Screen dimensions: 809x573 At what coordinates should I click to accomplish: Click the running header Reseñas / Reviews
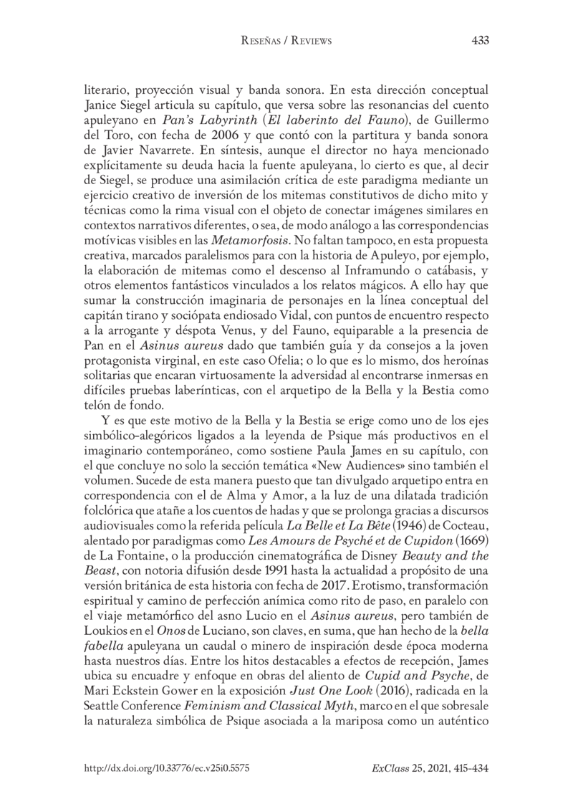coord(286,41)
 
